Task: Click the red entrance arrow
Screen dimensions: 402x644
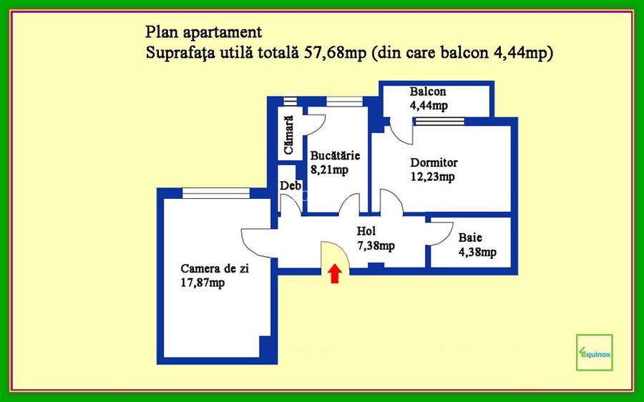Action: [334, 274]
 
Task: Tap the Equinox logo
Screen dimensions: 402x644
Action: [594, 352]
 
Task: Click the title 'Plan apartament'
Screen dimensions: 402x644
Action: [203, 33]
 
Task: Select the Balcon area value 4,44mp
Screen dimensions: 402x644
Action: [429, 106]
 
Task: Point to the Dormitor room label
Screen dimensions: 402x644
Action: [434, 162]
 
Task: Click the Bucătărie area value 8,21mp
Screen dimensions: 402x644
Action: [329, 170]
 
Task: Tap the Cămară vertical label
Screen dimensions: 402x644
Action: [288, 136]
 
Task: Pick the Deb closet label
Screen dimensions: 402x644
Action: [289, 186]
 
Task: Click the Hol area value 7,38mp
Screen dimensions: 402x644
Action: [376, 245]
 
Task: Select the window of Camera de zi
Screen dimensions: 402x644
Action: [215, 192]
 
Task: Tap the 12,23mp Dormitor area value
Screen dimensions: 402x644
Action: [432, 177]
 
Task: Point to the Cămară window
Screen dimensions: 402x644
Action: [289, 101]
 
